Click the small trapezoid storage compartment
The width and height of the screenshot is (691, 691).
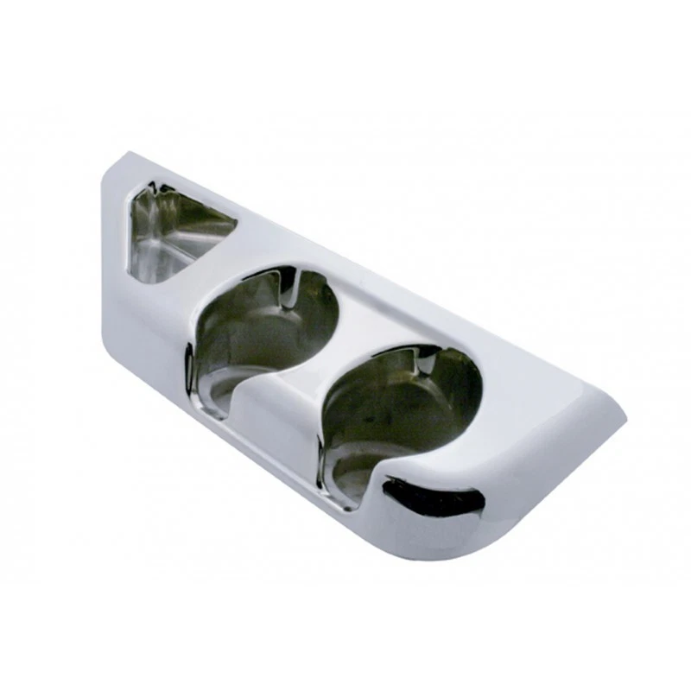pyautogui.click(x=177, y=231)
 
